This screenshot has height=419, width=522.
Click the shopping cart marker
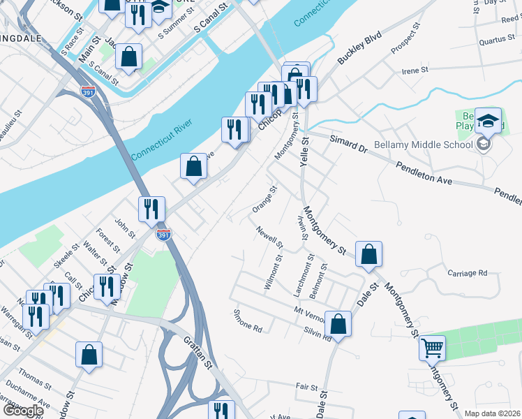(433, 347)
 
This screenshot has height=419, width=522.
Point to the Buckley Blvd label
(360, 47)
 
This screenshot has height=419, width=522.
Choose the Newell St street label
(269, 237)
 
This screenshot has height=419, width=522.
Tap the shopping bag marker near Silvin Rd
(338, 325)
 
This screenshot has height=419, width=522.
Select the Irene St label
(415, 71)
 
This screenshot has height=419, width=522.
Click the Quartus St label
(497, 41)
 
